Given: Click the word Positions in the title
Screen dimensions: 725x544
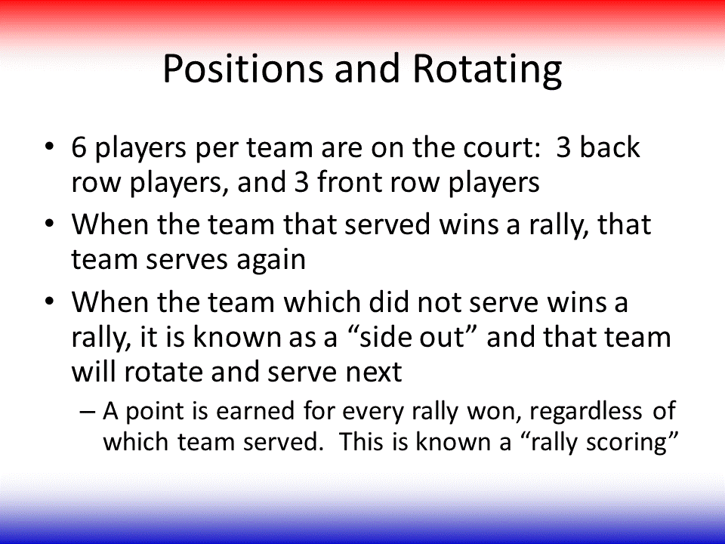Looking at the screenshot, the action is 242,69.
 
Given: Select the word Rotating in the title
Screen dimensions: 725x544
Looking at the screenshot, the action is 487,70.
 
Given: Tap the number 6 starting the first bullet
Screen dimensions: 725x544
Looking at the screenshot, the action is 79,147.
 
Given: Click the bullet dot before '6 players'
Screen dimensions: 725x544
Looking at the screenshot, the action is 49,148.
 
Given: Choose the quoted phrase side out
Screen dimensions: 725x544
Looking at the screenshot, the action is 412,336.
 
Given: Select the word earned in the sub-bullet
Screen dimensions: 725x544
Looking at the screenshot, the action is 255,411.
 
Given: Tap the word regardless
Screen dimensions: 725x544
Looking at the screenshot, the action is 585,411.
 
